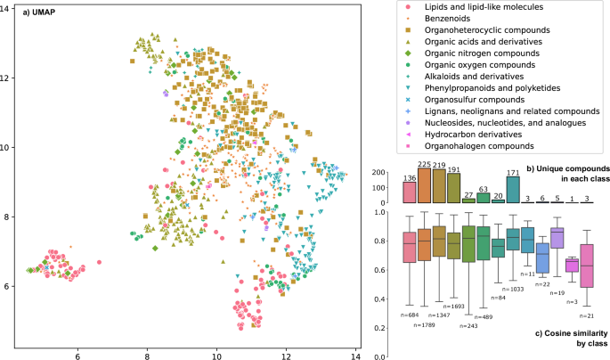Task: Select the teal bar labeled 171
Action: [x=513, y=189]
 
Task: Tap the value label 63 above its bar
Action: [x=483, y=189]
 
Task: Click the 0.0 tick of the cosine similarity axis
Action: [x=385, y=357]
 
